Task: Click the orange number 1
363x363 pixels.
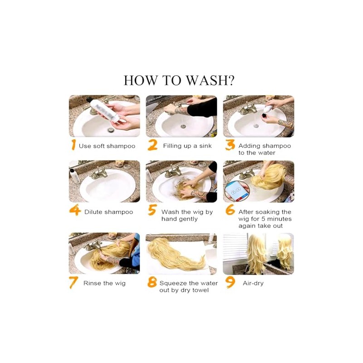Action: (x=74, y=145)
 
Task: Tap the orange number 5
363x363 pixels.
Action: (x=152, y=210)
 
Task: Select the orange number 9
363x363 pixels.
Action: (x=231, y=283)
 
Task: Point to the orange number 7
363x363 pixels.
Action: (x=73, y=283)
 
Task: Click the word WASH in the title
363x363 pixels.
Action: (x=207, y=80)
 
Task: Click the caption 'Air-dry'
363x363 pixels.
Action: (x=253, y=283)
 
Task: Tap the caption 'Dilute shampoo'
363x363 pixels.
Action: (x=108, y=212)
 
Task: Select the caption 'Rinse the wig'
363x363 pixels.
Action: (x=104, y=283)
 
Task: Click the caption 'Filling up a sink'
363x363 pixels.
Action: (x=187, y=146)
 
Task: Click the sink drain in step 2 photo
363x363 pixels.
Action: (x=183, y=127)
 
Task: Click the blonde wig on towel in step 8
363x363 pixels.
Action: (x=176, y=255)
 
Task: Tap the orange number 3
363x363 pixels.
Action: (x=230, y=145)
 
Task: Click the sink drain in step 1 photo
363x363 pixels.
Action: (x=111, y=130)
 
